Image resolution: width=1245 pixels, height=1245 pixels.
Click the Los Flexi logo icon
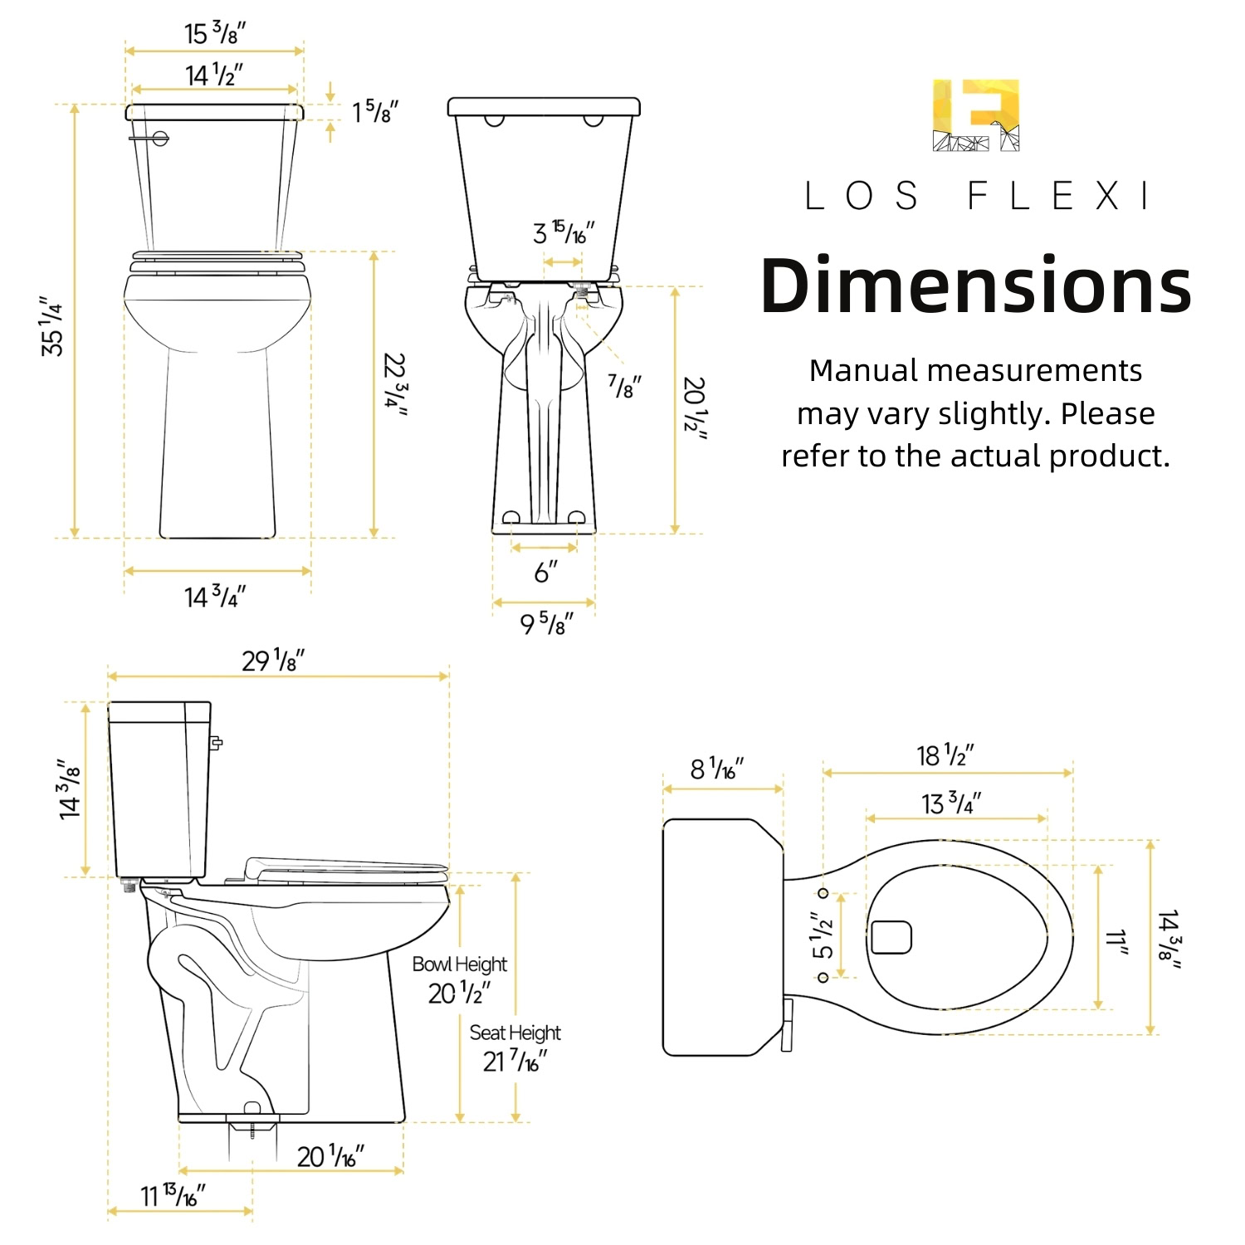(976, 115)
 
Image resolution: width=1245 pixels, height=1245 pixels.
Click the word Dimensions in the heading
(976, 286)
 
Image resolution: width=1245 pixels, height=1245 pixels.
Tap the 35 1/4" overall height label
(51, 326)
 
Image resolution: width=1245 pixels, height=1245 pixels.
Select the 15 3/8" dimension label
(215, 32)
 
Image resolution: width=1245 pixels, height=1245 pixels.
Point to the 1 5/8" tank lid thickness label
(375, 111)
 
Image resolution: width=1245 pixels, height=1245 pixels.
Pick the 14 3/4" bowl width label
(215, 596)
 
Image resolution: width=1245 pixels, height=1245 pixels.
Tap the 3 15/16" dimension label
(564, 232)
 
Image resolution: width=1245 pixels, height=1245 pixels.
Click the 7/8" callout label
(625, 386)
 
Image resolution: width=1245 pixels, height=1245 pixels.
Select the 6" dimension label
(545, 572)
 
